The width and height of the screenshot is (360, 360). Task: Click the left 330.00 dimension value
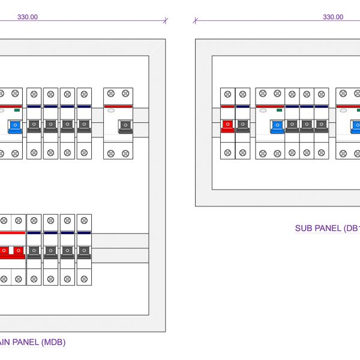click(28, 17)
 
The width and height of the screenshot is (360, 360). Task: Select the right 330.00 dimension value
click(333, 17)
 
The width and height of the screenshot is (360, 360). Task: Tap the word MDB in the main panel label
click(53, 343)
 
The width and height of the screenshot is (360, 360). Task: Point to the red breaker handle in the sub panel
click(227, 125)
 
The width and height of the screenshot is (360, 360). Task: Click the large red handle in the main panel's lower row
click(12, 251)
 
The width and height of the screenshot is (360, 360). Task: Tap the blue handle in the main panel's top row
click(14, 125)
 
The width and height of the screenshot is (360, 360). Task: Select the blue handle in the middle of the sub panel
click(277, 125)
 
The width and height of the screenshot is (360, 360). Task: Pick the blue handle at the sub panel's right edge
click(356, 125)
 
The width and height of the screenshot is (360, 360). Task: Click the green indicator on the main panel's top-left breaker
click(16, 110)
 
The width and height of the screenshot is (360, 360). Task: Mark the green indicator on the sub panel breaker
click(278, 110)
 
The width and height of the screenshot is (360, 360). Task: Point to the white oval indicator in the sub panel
click(263, 111)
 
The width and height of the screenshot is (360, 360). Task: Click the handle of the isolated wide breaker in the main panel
click(125, 125)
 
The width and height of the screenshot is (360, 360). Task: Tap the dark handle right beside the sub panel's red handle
click(242, 125)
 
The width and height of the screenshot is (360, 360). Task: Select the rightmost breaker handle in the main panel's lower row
click(84, 251)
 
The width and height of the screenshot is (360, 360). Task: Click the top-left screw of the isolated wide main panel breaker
click(110, 93)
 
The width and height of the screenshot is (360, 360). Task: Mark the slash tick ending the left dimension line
click(165, 20)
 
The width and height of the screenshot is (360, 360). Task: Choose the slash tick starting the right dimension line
click(196, 20)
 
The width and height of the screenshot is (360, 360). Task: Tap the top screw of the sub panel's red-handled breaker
click(227, 93)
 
